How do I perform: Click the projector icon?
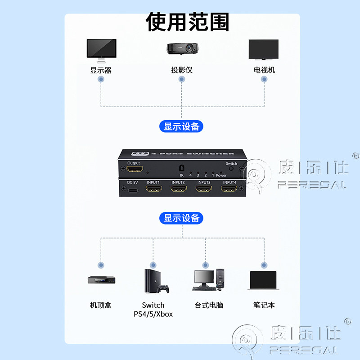(x=183, y=49)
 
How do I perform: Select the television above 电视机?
(x=264, y=49)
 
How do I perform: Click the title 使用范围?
(x=187, y=22)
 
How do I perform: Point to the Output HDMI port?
(x=135, y=169)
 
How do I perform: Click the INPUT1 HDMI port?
(x=154, y=189)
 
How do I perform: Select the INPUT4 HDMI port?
(x=229, y=189)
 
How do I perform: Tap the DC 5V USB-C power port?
(x=133, y=190)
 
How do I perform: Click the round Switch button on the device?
(x=231, y=168)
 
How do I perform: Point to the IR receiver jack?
(x=182, y=168)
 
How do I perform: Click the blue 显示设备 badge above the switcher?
(x=181, y=126)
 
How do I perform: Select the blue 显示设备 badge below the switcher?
(x=181, y=218)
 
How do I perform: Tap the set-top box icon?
(x=102, y=280)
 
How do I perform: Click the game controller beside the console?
(x=164, y=288)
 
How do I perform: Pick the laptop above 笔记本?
(x=263, y=280)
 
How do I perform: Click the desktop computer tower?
(x=220, y=278)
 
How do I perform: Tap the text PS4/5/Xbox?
(x=153, y=314)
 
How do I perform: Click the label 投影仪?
(x=182, y=70)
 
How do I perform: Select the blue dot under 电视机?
(x=264, y=79)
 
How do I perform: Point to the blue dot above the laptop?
(x=264, y=265)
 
